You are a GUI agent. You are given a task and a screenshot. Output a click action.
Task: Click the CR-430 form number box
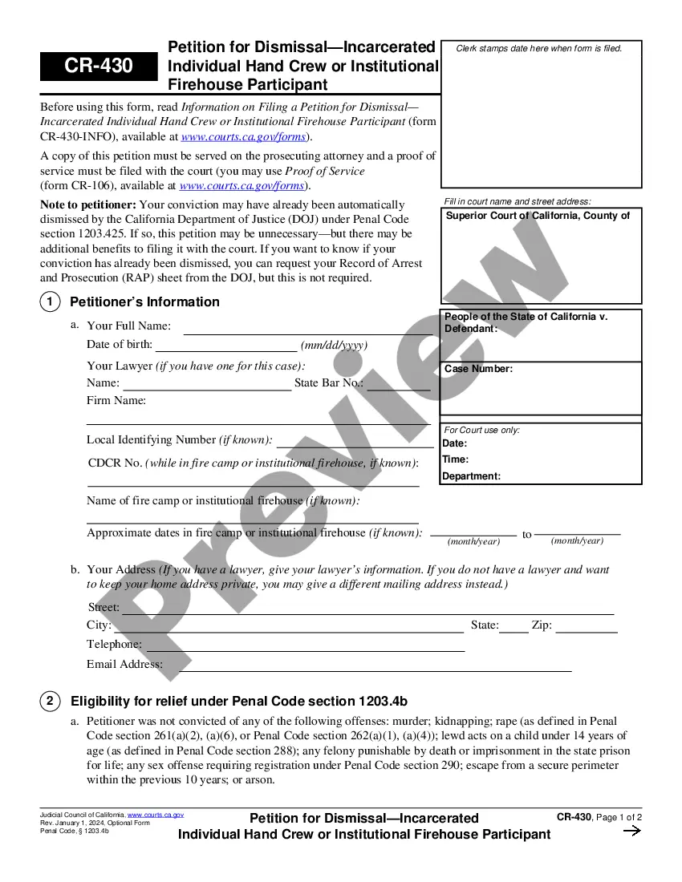[99, 66]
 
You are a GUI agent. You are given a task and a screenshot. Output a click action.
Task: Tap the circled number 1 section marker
[50, 302]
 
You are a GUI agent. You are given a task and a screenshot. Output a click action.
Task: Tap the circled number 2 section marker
[50, 702]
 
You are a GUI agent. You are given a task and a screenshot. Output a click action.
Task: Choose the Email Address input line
[367, 668]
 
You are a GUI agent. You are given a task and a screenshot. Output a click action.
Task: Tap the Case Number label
[478, 369]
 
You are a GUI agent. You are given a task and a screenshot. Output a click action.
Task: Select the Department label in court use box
[471, 476]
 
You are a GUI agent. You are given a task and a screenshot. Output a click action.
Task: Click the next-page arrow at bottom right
[632, 831]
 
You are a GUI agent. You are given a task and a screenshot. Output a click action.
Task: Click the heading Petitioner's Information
[144, 302]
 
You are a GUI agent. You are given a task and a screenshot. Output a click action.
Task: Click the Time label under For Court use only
[456, 459]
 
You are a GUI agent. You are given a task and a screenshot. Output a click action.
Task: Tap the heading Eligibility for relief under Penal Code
[239, 702]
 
